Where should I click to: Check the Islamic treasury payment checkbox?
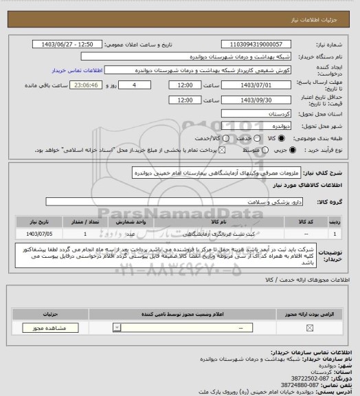[x=203, y=150]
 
